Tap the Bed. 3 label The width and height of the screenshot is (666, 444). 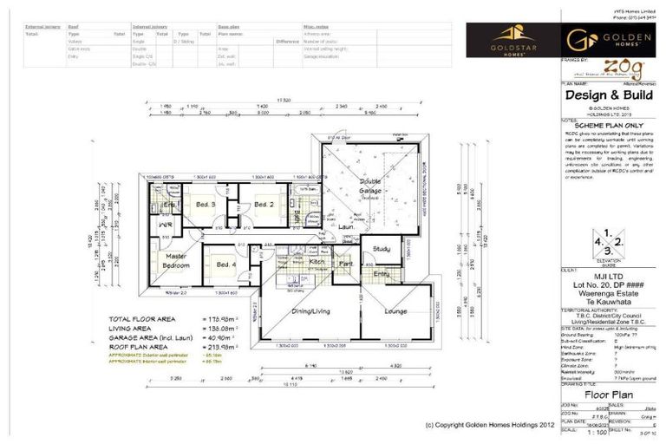[205, 205]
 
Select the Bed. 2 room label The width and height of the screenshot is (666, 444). [264, 205]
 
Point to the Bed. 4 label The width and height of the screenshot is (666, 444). [225, 264]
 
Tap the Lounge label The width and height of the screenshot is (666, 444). [395, 310]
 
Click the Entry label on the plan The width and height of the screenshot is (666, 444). [382, 273]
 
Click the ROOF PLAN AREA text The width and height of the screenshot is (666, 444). [146, 345]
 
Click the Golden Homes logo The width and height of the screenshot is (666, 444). [601, 40]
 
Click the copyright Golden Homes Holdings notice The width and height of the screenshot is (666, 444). [490, 425]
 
